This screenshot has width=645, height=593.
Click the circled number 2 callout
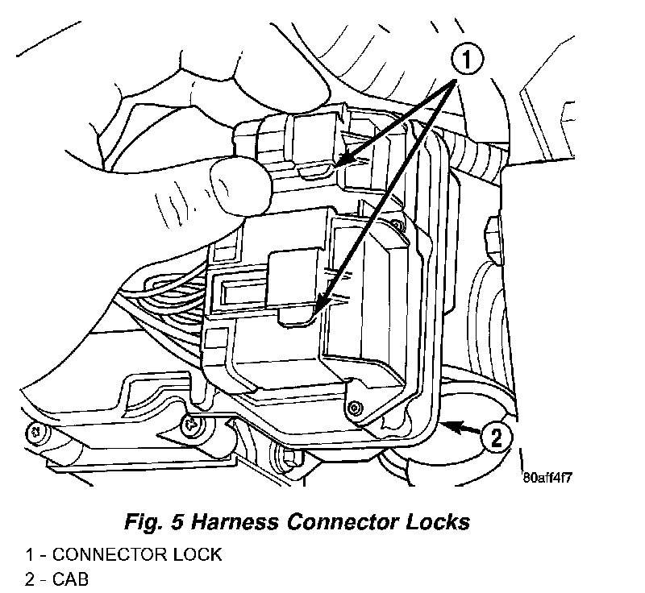pos(497,438)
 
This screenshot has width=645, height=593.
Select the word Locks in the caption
pos(439,521)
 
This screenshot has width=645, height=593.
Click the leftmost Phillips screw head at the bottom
pos(34,431)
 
